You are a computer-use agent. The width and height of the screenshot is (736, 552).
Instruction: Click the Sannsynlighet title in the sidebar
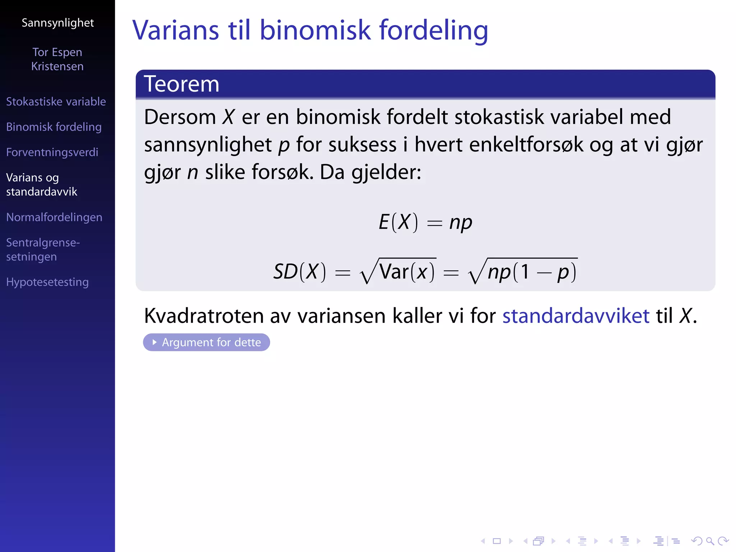tap(57, 23)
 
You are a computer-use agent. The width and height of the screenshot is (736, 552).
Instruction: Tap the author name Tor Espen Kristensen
tap(57, 59)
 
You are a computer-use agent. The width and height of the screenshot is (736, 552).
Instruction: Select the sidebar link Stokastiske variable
tap(56, 102)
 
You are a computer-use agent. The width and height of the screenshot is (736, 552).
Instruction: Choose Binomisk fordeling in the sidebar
tap(54, 127)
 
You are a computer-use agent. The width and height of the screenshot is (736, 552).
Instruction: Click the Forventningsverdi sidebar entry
tap(52, 152)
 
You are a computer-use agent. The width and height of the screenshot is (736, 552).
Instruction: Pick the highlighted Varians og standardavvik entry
tap(41, 184)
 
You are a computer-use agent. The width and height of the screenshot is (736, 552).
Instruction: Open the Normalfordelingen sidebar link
tap(54, 217)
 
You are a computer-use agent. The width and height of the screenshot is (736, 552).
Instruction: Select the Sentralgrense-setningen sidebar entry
tap(43, 249)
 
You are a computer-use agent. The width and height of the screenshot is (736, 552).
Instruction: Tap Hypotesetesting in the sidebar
tap(47, 282)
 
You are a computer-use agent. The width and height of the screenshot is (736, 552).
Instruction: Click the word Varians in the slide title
tap(176, 30)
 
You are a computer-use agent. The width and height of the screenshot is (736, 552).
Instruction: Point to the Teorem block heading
tap(181, 84)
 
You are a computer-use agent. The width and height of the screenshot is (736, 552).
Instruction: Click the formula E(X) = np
tap(425, 222)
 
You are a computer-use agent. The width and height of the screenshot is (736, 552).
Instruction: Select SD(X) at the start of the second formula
tap(300, 271)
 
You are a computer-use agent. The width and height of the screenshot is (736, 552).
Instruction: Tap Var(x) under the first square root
tap(407, 271)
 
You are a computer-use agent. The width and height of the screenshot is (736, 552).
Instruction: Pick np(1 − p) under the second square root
tap(532, 272)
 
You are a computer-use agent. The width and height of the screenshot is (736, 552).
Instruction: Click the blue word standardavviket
tap(576, 316)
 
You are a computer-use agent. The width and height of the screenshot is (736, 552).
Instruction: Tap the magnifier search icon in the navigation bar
tap(710, 541)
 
